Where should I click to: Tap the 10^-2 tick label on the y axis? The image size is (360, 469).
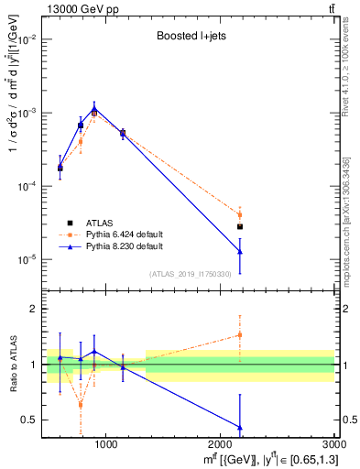(x=26, y=39)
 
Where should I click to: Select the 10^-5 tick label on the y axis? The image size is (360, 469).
(x=26, y=259)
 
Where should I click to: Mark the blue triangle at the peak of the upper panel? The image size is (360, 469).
(x=94, y=107)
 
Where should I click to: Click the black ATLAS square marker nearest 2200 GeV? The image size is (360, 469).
(x=240, y=226)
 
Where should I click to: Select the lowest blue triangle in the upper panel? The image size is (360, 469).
(x=240, y=251)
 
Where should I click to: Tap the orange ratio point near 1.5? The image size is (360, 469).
(x=240, y=335)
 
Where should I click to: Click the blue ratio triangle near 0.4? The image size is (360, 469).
(x=240, y=427)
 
